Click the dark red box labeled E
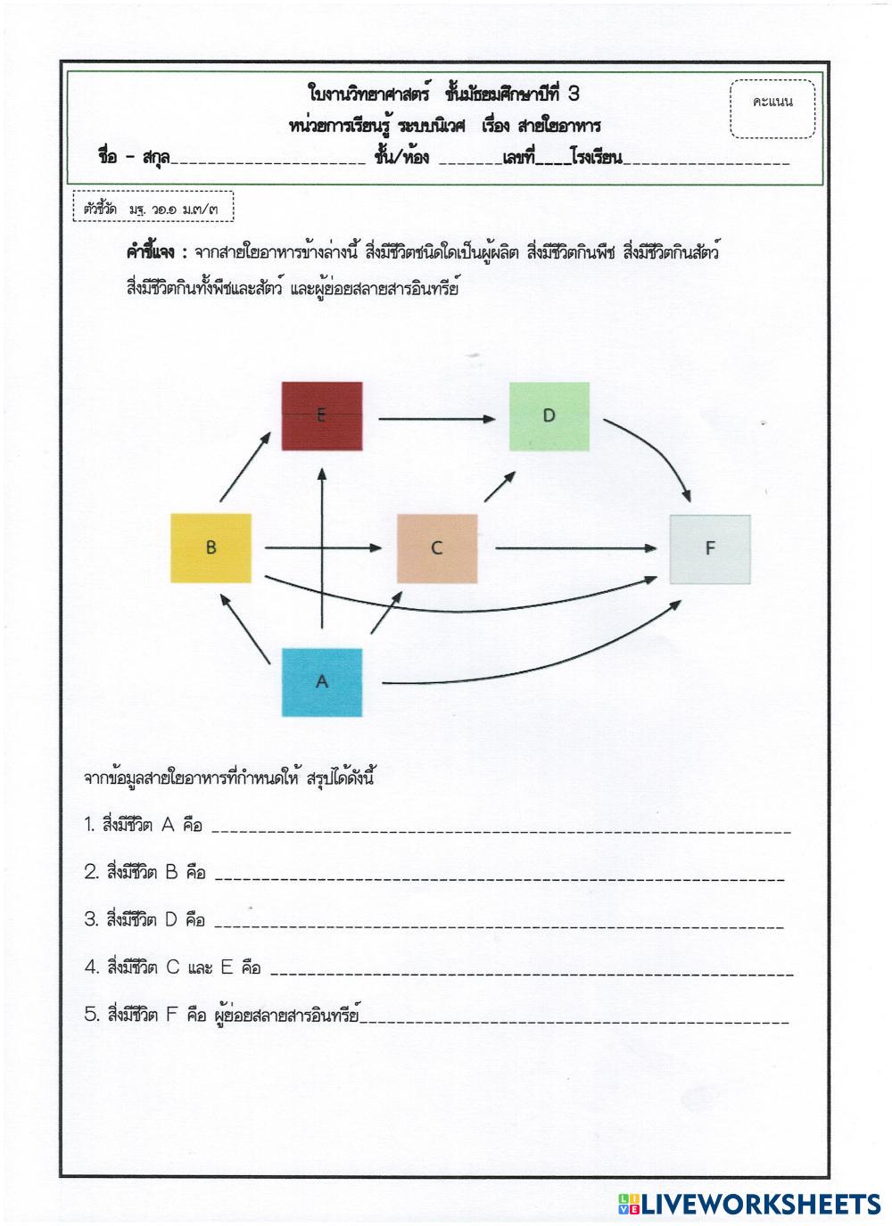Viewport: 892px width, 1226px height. (x=322, y=416)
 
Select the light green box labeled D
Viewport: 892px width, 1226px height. (x=549, y=416)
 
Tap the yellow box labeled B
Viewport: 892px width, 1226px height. (x=211, y=548)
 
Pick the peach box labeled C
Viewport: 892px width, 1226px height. (x=436, y=548)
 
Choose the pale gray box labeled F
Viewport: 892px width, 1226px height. (x=710, y=548)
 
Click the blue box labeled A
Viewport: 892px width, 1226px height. (x=322, y=682)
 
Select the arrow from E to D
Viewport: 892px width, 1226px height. (x=437, y=417)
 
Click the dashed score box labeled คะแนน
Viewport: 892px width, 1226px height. (x=772, y=109)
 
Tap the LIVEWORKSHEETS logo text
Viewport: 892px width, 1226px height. (x=758, y=1205)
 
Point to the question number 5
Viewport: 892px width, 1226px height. (x=90, y=1014)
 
